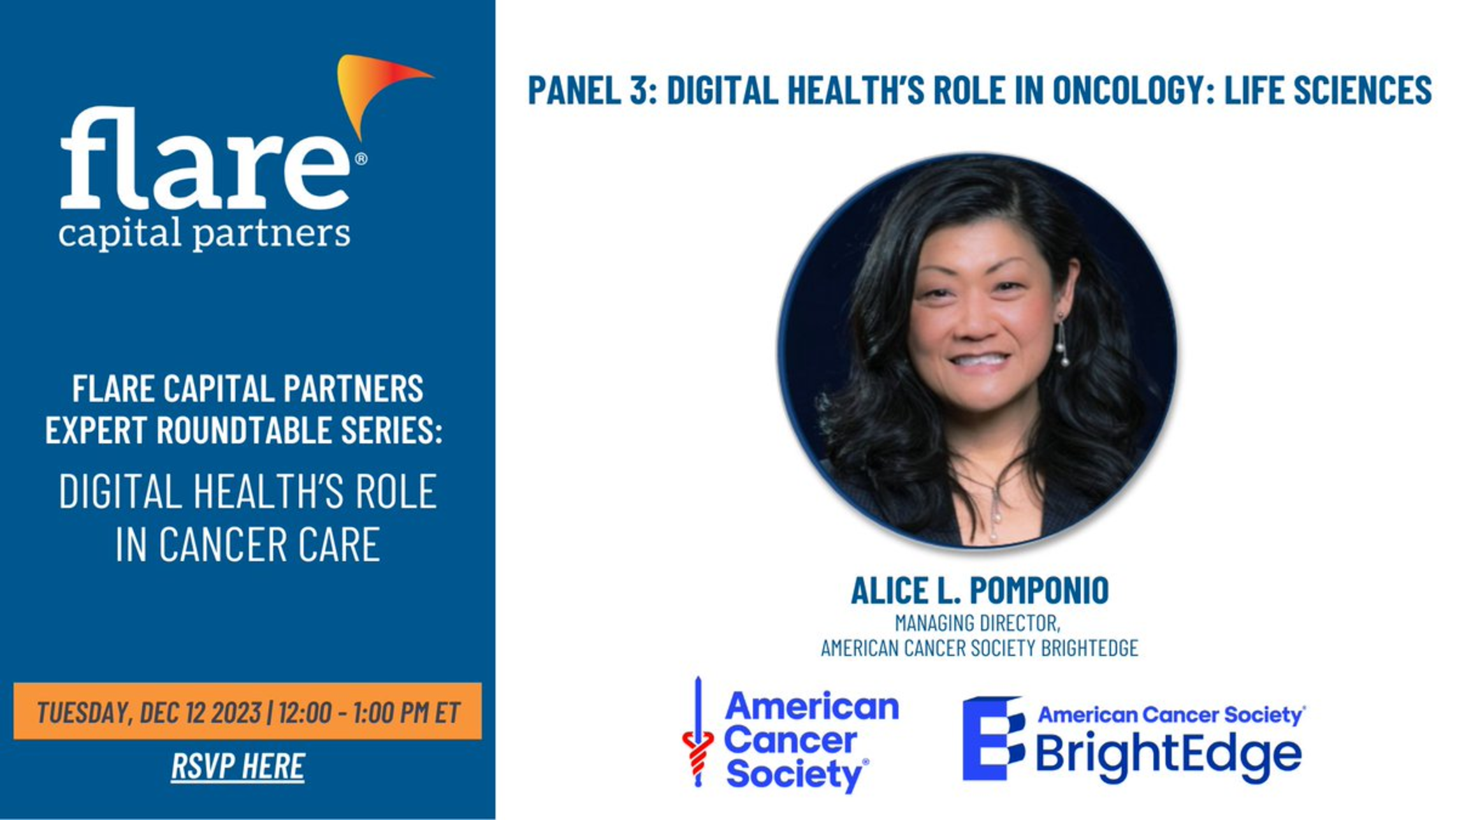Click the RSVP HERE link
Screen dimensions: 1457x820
tap(238, 766)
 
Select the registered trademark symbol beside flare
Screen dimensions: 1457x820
tap(361, 158)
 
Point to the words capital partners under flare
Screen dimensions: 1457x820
tap(204, 233)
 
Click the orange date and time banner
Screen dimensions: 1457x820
tap(247, 711)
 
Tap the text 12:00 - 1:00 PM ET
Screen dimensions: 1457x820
tap(369, 712)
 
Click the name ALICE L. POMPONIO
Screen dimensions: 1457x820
tap(980, 590)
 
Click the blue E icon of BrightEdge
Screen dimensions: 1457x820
tap(994, 738)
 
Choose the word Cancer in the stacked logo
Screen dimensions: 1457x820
tap(790, 740)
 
